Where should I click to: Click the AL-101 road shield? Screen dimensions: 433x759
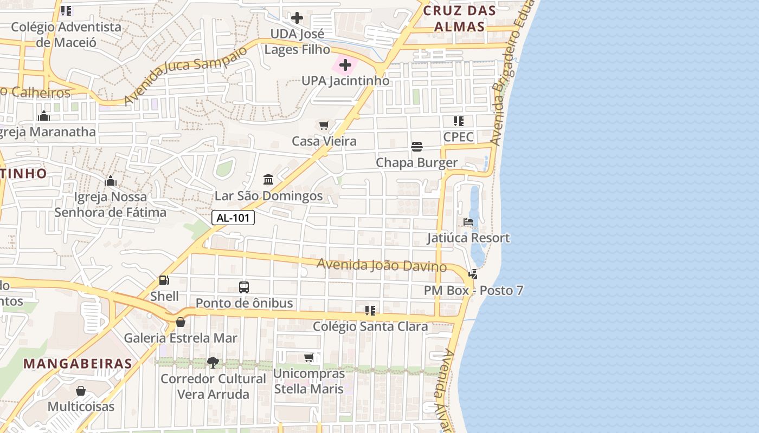coord(233,218)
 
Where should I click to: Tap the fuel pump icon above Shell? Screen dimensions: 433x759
coord(164,280)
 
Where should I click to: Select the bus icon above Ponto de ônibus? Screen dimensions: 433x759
coord(244,287)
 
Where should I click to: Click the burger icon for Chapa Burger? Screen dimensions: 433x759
coord(417,147)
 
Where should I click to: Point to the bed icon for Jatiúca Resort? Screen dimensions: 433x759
coord(468,222)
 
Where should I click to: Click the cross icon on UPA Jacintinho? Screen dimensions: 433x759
coord(345,65)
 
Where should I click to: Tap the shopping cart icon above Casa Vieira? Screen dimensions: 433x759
coord(324,126)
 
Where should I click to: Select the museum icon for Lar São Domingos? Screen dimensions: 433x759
coord(268,180)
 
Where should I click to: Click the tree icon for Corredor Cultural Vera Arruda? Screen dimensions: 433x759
coord(213,363)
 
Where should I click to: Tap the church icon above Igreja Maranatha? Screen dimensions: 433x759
coord(44,116)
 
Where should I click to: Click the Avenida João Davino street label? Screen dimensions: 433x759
coord(382,265)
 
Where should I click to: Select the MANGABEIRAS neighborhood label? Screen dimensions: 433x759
coord(78,363)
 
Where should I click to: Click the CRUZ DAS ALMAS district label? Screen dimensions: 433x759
coord(459,18)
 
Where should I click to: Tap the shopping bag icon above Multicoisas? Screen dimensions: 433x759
coord(81,391)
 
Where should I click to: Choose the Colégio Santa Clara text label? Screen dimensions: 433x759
coord(370,326)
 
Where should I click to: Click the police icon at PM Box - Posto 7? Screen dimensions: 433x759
coord(473,274)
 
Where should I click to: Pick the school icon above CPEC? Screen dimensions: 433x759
coord(459,121)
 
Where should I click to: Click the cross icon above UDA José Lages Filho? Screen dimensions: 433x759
coord(297,18)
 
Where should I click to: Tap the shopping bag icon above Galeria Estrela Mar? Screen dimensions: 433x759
coord(181,322)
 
